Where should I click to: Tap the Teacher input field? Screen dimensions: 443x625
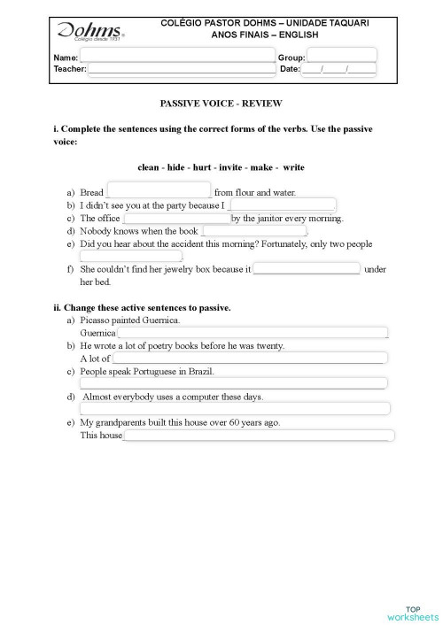coord(182,68)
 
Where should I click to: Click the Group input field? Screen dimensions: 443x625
coord(341,56)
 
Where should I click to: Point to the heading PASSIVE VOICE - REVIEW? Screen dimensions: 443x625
coord(221,104)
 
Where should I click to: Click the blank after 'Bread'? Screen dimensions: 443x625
coord(159,191)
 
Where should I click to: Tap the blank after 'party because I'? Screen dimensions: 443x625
coord(282,204)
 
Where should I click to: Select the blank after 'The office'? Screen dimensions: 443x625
coord(176,218)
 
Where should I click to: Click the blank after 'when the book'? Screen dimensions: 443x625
coord(253,231)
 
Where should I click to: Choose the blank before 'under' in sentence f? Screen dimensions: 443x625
coord(307,268)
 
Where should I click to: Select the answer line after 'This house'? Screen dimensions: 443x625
coord(258,436)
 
